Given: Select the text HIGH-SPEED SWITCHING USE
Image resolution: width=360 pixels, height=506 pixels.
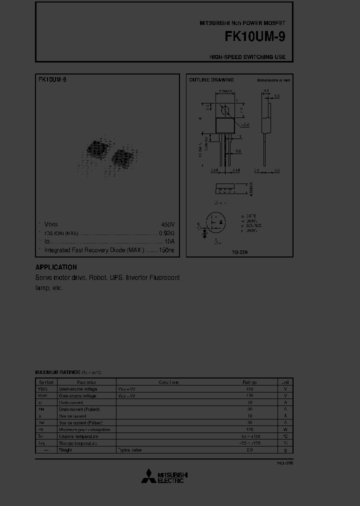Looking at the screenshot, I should click(247, 57).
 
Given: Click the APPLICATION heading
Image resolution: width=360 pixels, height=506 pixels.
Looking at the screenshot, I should click(56, 267).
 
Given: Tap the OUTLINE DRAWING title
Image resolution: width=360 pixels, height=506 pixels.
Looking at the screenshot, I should click(211, 80).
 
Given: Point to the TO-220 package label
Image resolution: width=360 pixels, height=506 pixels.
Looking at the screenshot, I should click(239, 252).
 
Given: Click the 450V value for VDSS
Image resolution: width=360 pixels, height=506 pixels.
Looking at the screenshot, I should click(167, 225).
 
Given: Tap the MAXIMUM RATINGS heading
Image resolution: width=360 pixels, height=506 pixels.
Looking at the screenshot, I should click(57, 372).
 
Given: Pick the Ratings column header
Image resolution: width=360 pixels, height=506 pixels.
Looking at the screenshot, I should click(249, 382).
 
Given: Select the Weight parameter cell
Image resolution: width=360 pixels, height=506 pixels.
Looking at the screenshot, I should click(65, 450).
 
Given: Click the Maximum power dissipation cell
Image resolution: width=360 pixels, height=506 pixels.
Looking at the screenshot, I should click(84, 429).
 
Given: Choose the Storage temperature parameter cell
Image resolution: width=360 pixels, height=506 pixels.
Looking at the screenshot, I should click(78, 443).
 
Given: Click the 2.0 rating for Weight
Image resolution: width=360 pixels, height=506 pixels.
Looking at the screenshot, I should click(249, 450).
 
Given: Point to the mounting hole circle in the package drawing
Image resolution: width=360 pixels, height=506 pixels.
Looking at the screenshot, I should click(225, 110).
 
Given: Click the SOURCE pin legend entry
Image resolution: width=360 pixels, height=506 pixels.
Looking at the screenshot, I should click(253, 225).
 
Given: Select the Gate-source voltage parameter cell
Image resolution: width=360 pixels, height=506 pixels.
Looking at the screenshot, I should click(78, 395).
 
